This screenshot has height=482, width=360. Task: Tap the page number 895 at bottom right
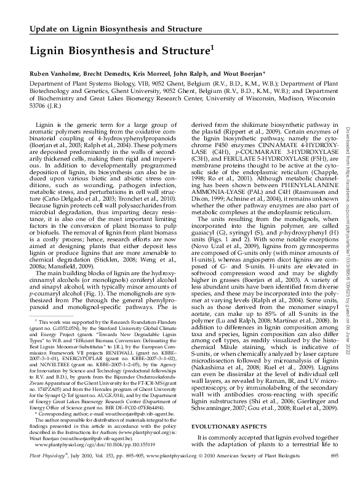click(x=335, y=472)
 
